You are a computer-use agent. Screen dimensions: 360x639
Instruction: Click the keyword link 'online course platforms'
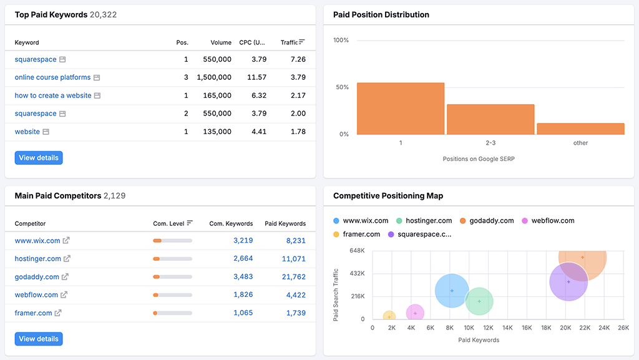coord(52,77)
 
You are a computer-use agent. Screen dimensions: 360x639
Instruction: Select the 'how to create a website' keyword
coord(53,95)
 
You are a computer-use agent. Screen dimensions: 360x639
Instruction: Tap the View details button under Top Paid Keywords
coord(39,158)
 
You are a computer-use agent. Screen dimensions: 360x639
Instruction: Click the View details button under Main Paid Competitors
coord(39,339)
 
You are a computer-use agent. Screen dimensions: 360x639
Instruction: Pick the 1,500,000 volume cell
coord(214,77)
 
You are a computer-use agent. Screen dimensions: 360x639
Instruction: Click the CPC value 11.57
coord(256,77)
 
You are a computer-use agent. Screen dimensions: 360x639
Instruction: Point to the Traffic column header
coord(290,42)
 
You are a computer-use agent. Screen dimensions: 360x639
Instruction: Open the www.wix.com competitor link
coord(37,240)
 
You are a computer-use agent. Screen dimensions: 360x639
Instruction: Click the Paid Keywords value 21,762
coord(293,276)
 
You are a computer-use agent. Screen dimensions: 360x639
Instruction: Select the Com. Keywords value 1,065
coord(243,313)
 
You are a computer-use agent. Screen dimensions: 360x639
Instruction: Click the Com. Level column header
coord(168,223)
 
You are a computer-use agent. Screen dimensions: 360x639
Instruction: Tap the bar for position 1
coord(401,109)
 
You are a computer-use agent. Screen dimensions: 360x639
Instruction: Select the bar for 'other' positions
coord(580,129)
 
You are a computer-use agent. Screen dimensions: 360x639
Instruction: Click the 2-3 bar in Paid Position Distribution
coord(490,119)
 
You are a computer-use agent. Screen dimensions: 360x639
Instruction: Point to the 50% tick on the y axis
coord(341,87)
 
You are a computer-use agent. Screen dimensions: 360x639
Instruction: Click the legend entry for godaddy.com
coord(491,220)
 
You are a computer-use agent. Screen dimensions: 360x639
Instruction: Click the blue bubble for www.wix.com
coord(452,291)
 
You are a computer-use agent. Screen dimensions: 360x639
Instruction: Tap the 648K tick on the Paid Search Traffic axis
coord(357,251)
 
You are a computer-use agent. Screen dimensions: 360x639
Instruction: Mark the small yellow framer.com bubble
coord(389,317)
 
